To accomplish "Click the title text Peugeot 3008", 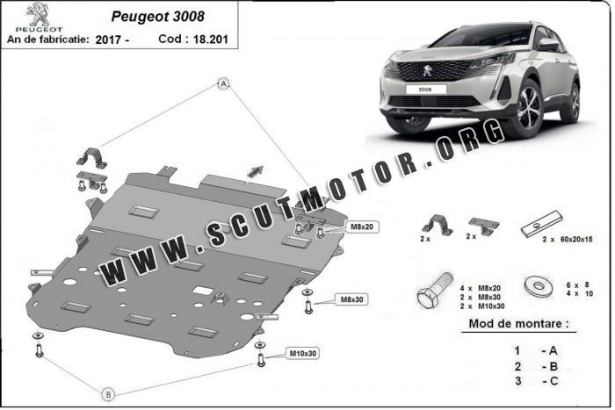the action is point(157,16).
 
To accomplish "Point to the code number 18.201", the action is point(210,40).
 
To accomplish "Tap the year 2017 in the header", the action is point(108,40).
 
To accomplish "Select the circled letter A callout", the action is point(223,83).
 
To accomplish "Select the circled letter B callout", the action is point(108,394).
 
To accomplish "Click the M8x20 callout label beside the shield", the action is point(362,227).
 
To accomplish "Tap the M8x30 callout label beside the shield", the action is point(351,299).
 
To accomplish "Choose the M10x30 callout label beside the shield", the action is point(302,353).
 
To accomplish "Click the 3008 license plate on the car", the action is point(424,90).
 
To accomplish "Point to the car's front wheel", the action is point(528,107).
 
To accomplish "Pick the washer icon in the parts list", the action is point(538,286).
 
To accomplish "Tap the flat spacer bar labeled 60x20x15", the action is point(542,224).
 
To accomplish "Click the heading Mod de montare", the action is point(518,324).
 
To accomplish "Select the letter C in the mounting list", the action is point(553,381).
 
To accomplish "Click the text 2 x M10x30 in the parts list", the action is point(482,306).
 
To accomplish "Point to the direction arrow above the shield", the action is point(255,171).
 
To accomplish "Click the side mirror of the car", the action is point(548,44).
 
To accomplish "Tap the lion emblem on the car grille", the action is point(427,70).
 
